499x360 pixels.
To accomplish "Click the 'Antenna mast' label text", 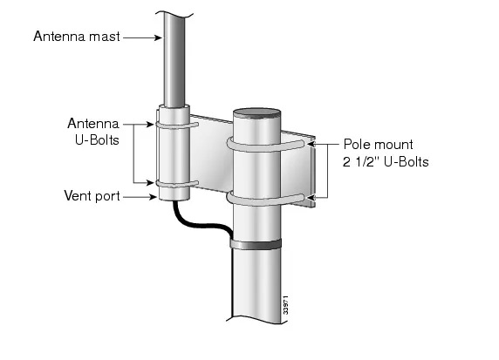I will pyautogui.click(x=76, y=37).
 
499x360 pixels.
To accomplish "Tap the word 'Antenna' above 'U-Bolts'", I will pyautogui.click(x=91, y=123).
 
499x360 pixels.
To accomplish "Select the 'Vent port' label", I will pyautogui.click(x=92, y=197).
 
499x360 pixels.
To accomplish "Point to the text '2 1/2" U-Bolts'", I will pyautogui.click(x=386, y=161).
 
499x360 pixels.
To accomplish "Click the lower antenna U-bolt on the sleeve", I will pyautogui.click(x=177, y=184).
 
